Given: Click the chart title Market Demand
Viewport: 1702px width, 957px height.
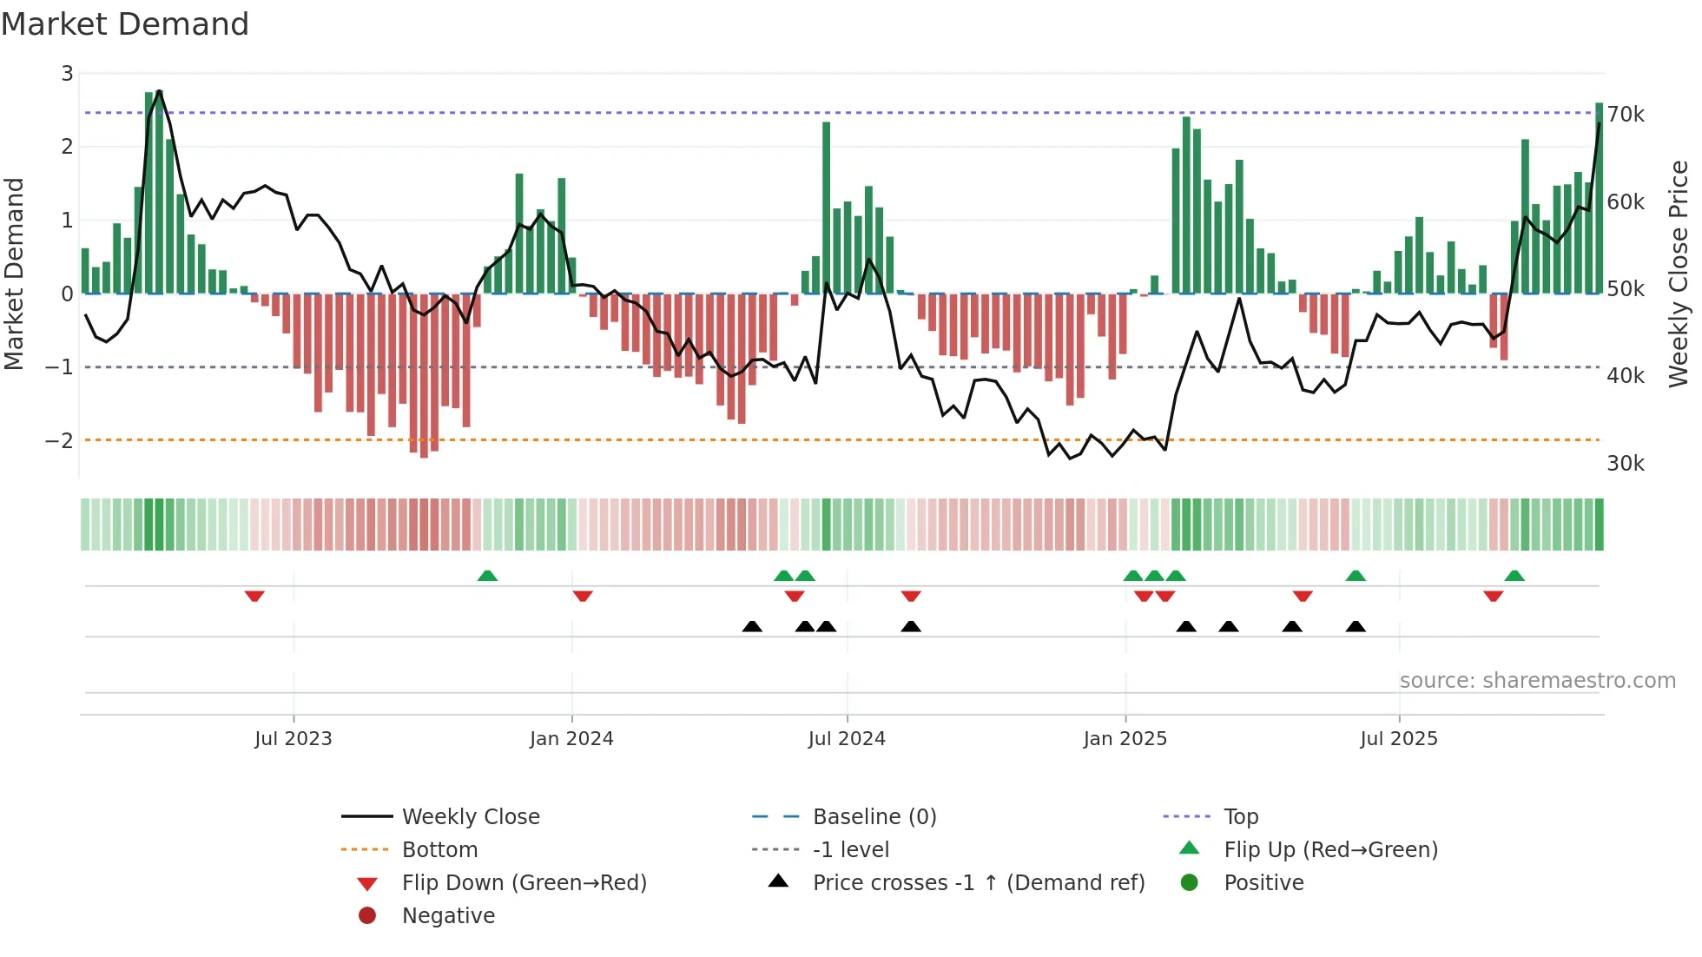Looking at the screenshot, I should coord(125,24).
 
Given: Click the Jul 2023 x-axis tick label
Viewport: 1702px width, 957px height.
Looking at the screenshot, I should coord(293,739).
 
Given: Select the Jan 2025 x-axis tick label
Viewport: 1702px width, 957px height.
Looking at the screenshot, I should coord(1125,739).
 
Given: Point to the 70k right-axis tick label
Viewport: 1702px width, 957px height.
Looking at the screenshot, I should coord(1626,115).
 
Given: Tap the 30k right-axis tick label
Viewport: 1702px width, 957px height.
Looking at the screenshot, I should coord(1626,464).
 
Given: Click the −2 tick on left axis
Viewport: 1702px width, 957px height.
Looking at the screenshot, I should coord(60,440).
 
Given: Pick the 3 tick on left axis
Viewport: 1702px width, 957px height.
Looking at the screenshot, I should coord(67,74).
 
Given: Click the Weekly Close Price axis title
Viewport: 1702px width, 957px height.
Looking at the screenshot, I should coord(1679,274).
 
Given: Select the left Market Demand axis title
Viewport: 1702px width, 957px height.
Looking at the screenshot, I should coord(15,274).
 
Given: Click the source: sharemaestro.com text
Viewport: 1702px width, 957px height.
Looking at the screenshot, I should coord(1537,681).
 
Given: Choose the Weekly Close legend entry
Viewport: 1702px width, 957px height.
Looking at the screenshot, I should coord(470,817).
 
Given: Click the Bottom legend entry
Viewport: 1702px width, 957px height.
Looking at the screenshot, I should coord(439,850).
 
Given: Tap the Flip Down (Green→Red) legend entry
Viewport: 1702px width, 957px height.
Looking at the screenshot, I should coord(524,883).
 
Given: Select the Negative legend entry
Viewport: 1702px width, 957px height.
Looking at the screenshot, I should coord(448,916).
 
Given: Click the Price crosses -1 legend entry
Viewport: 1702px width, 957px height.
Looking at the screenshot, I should coord(978,883).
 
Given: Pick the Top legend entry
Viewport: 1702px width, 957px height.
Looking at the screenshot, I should coord(1240,817).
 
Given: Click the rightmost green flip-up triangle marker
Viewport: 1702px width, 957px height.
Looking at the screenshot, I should coord(1514,576).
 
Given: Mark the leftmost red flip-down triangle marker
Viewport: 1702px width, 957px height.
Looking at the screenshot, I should coord(254,596).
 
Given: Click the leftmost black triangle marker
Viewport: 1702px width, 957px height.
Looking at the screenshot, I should coord(752,626).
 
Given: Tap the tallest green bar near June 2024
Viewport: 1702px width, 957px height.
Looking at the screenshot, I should coord(826,208).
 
